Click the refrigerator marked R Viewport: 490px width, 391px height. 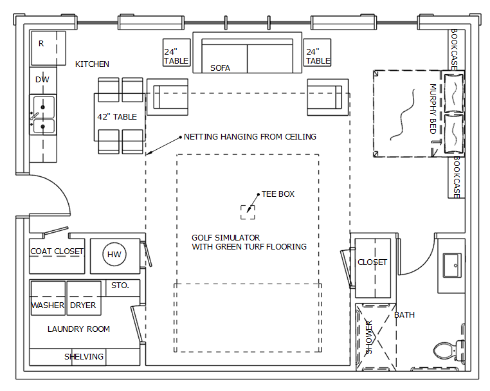point(48,48)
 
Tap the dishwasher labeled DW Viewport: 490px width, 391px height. point(43,80)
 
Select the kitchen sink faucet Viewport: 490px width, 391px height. point(33,116)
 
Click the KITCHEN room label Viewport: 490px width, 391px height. point(92,64)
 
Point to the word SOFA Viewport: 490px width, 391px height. point(220,68)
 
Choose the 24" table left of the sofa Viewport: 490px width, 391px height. point(177,53)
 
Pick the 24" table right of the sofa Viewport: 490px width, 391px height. point(317,53)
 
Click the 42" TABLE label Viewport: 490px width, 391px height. point(117,117)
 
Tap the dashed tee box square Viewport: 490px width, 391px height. point(248,212)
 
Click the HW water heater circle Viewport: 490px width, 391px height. point(114,255)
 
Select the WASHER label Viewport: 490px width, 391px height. point(48,305)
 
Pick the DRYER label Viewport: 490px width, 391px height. point(83,305)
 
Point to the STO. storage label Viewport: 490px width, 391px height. point(120,286)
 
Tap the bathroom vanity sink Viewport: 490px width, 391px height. point(452,266)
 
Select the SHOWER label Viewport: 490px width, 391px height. point(369,337)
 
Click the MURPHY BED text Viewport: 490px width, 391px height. point(433,109)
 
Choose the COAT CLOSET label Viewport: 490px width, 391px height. point(57,251)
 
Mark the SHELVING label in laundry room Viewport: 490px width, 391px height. point(84,357)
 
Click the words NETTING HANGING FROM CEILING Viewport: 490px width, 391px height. point(250,136)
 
